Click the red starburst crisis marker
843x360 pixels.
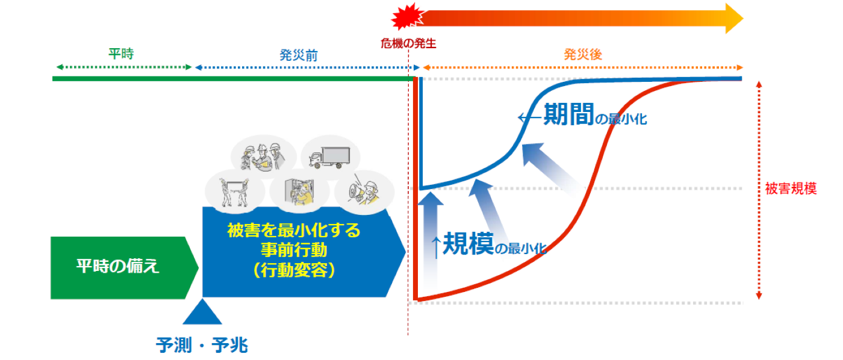(x=404, y=17)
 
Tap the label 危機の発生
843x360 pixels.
(x=408, y=43)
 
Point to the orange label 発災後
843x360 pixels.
(x=583, y=55)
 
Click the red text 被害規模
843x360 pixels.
(x=791, y=188)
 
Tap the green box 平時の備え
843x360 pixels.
(x=119, y=267)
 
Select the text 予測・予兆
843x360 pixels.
(x=202, y=345)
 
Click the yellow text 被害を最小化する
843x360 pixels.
(x=294, y=231)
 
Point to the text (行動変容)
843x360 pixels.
(x=294, y=271)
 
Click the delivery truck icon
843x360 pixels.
(x=329, y=157)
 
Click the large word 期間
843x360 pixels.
(x=568, y=114)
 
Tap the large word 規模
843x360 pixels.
(x=468, y=244)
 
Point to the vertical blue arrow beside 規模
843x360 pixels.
(x=429, y=241)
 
